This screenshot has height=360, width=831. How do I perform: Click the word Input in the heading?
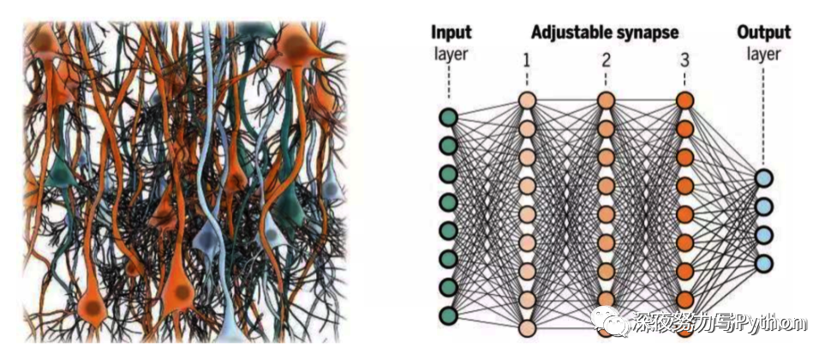coord(451,33)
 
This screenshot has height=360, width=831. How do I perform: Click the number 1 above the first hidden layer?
coord(527,61)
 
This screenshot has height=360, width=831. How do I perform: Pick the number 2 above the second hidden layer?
coord(606,61)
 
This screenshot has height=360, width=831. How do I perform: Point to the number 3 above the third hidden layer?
coord(684,61)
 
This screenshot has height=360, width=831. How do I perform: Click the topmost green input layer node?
coord(448,117)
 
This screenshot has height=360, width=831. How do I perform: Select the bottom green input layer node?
coord(448,315)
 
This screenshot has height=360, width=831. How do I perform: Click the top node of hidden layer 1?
coord(527,100)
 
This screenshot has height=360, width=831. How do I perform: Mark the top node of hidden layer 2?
coord(606,100)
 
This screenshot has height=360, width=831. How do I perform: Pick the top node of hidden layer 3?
coord(684,100)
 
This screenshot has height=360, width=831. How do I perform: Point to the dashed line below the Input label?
coord(448,86)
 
